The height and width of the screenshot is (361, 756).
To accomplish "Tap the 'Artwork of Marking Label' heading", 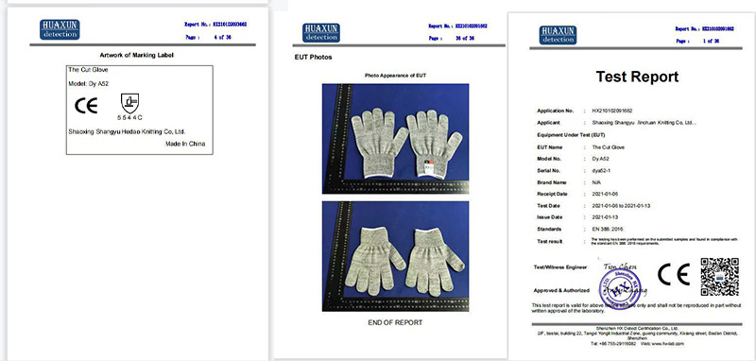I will click(x=136, y=56).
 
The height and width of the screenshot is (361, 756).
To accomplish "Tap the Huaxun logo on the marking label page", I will click(x=60, y=27).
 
